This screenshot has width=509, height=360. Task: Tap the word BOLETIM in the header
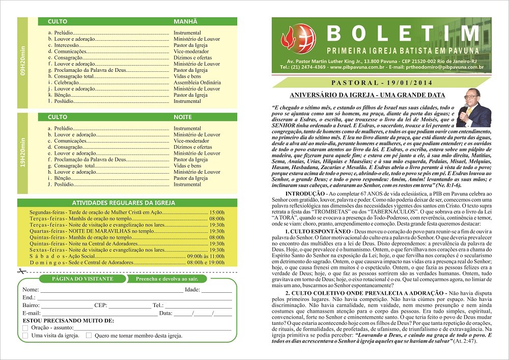(402, 34)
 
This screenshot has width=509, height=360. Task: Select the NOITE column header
(183, 117)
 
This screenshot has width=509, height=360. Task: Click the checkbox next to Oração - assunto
(25, 328)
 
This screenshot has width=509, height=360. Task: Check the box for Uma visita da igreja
(25, 336)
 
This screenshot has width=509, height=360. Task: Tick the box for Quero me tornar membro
(89, 336)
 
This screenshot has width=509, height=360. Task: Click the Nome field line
(112, 291)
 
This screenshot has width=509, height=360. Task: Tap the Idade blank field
(216, 291)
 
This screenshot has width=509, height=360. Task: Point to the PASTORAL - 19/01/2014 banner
(381, 82)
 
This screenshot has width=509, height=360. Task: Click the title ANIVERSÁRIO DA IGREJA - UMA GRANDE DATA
(367, 95)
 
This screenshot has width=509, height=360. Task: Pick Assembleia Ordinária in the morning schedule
(197, 82)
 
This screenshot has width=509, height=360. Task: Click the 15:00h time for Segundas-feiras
(216, 212)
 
